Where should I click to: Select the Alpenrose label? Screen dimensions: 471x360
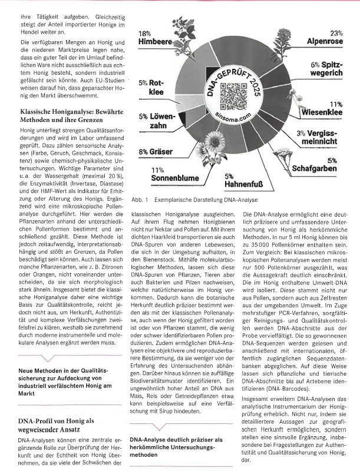(x=324, y=42)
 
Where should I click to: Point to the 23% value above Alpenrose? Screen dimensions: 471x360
(x=336, y=34)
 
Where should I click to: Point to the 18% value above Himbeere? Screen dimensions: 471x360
(x=144, y=34)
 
